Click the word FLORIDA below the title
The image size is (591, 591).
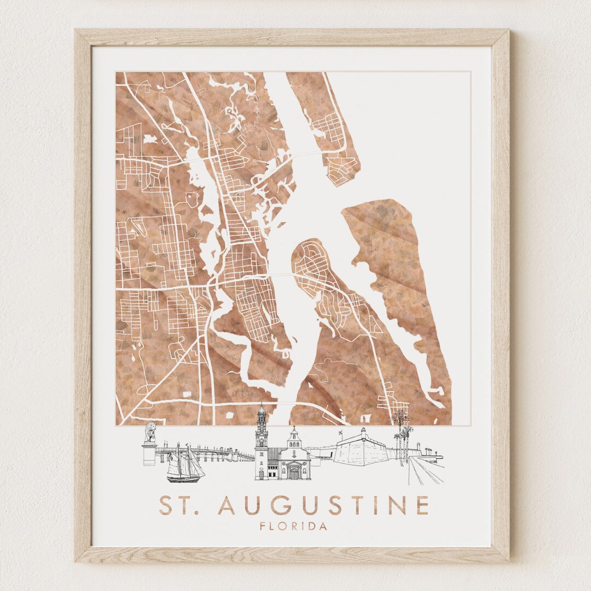coord(294,526)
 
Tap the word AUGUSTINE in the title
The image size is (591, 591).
coord(323,505)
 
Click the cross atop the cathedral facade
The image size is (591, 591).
coord(294,428)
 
